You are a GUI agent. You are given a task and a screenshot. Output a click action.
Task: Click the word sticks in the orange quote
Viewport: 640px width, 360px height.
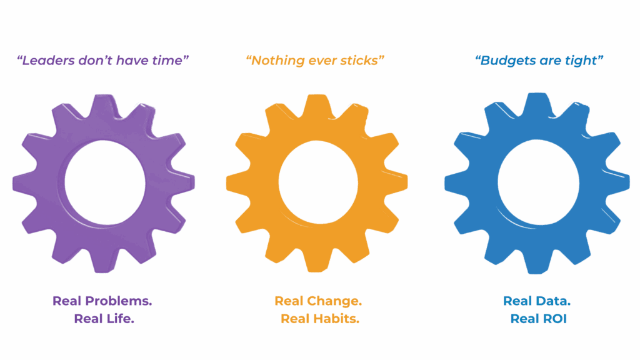tap(359, 61)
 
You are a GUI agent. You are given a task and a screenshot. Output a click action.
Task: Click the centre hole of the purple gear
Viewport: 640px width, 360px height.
tap(105, 182)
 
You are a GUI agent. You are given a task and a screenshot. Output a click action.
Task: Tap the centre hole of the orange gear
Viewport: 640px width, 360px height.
tap(318, 182)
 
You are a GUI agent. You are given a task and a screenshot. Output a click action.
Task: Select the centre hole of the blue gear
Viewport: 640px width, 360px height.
tap(538, 182)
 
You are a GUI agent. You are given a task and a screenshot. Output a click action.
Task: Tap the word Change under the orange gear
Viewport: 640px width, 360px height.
tap(334, 301)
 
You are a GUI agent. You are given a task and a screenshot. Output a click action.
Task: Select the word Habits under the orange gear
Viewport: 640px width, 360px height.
tap(336, 319)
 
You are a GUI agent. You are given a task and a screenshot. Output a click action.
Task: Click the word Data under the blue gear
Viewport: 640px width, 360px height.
tap(553, 301)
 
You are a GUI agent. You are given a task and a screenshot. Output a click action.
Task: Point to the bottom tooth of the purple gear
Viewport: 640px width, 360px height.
tap(104, 261)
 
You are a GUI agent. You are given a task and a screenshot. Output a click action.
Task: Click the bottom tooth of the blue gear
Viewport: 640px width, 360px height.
tap(538, 261)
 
